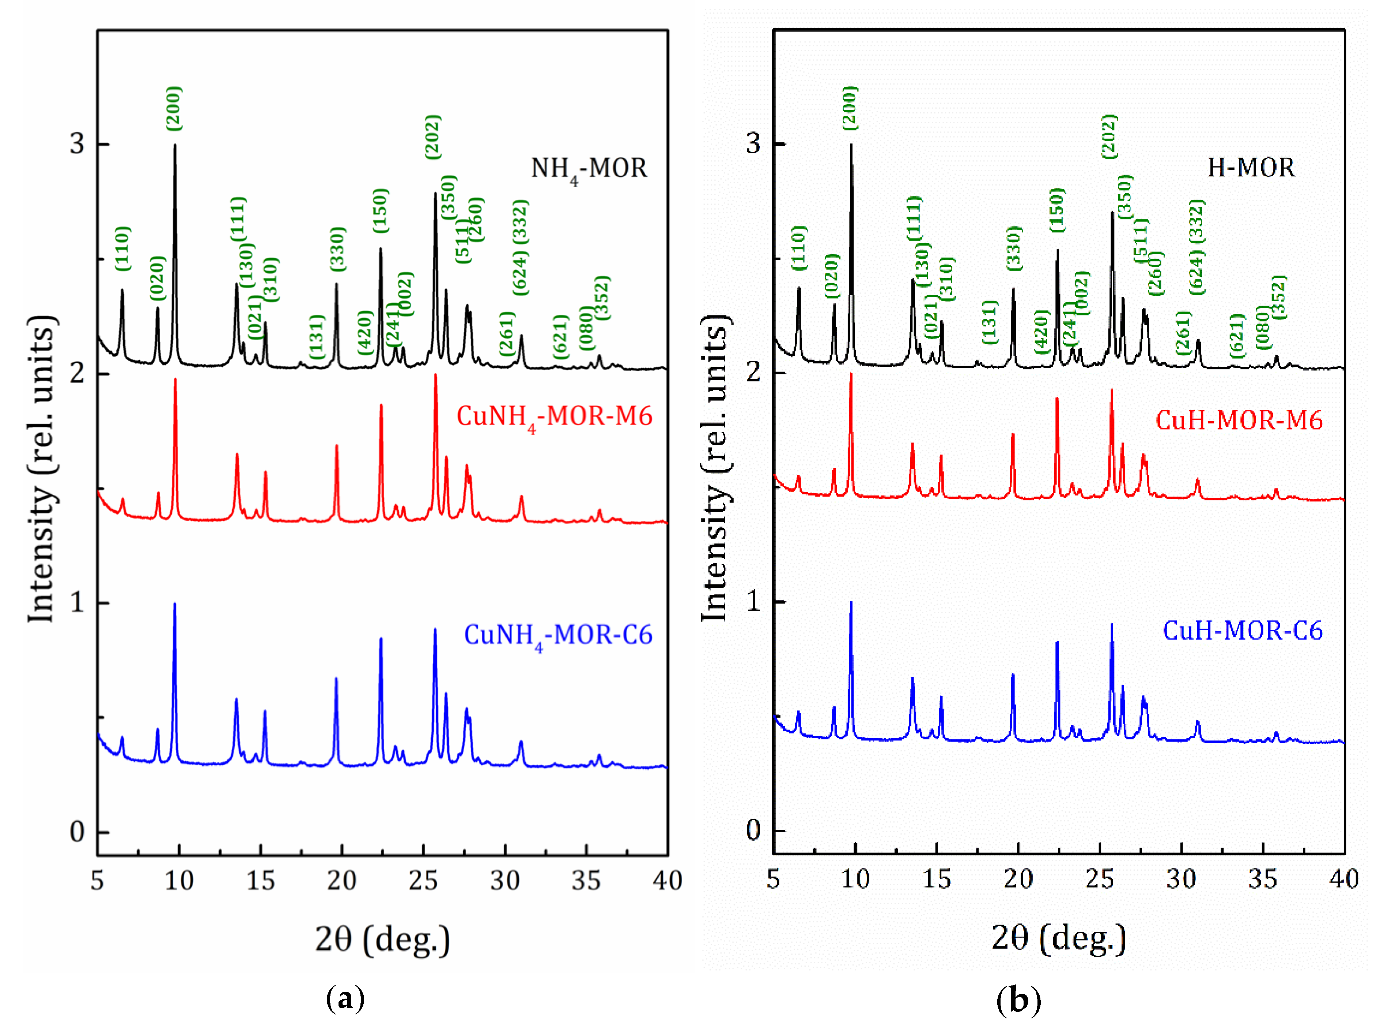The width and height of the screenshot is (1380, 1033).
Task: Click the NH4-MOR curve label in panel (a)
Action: pos(588,169)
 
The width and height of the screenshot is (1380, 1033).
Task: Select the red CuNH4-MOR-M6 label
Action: pos(554,417)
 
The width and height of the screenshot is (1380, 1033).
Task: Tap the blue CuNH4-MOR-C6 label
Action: pos(558,636)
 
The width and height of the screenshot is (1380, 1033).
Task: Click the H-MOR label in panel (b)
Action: pos(1251,167)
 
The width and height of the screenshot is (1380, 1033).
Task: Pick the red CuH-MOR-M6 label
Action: pos(1239,420)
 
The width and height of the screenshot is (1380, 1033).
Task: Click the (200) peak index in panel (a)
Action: pos(174,109)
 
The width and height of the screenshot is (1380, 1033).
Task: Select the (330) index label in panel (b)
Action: pos(1014,248)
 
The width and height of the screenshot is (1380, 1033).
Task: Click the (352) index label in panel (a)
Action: pos(601,298)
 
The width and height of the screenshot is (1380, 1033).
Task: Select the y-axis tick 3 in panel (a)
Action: pos(77,144)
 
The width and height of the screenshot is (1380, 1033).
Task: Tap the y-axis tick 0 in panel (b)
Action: pos(753,830)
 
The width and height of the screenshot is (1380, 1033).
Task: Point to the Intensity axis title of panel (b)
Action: pos(715,468)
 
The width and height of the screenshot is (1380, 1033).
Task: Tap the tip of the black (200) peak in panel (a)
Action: pos(175,146)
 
